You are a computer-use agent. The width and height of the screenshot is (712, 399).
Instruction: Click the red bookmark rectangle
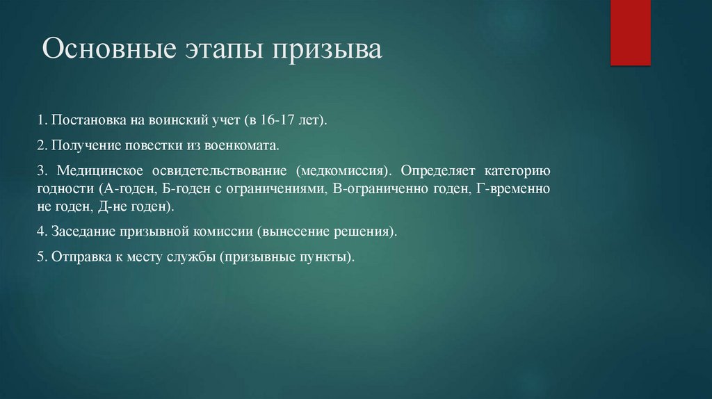(630, 33)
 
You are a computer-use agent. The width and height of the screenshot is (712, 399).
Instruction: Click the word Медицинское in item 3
(100, 171)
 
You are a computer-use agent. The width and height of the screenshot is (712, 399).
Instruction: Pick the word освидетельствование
(218, 171)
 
